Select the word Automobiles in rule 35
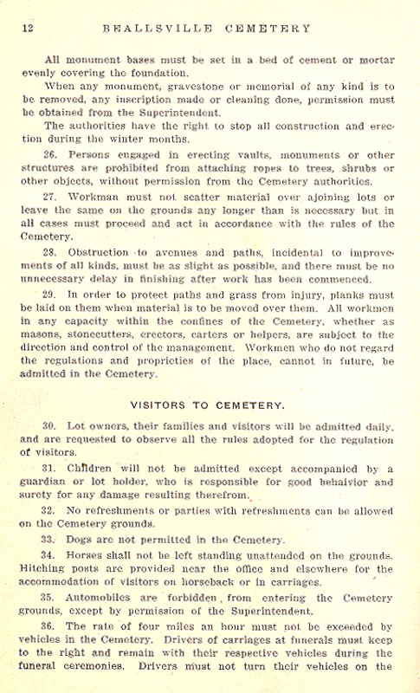point(99,596)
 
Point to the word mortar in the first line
point(377,60)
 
